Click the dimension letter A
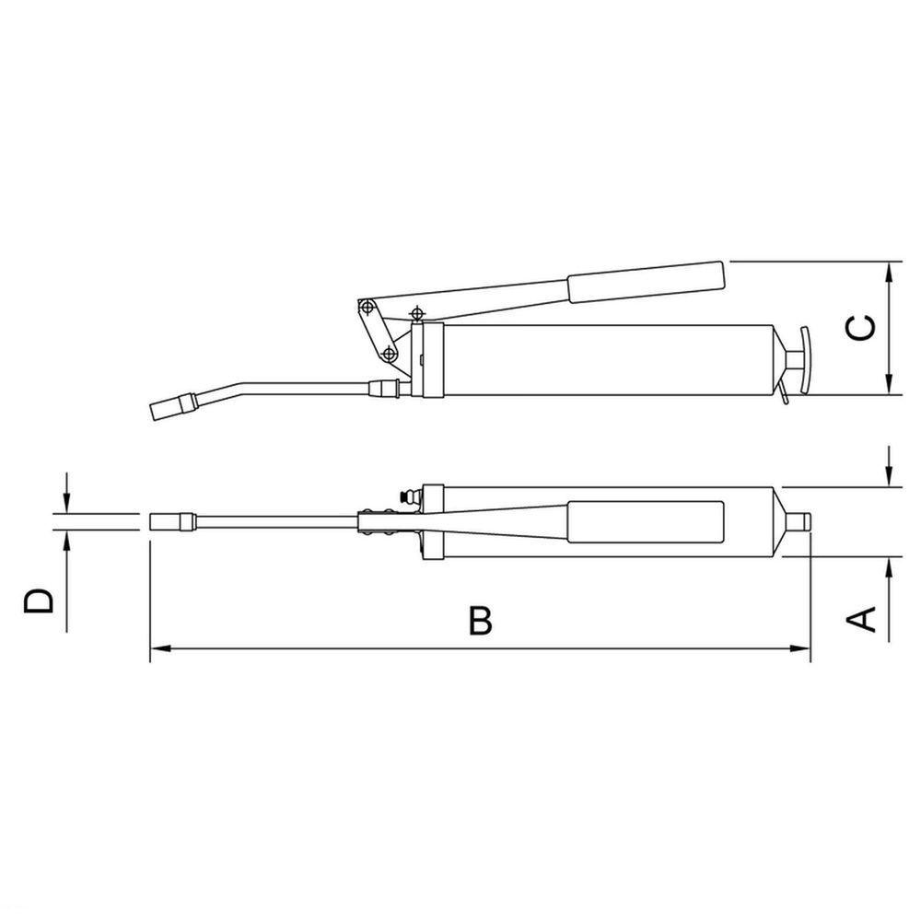tap(860, 619)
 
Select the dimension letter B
tap(480, 620)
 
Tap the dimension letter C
tap(860, 328)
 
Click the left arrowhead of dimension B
tap(160, 648)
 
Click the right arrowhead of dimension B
tap(800, 648)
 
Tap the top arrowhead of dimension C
tap(890, 273)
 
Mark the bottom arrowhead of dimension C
tap(890, 383)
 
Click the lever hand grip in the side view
tap(647, 283)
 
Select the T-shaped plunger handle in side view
tap(799, 360)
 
